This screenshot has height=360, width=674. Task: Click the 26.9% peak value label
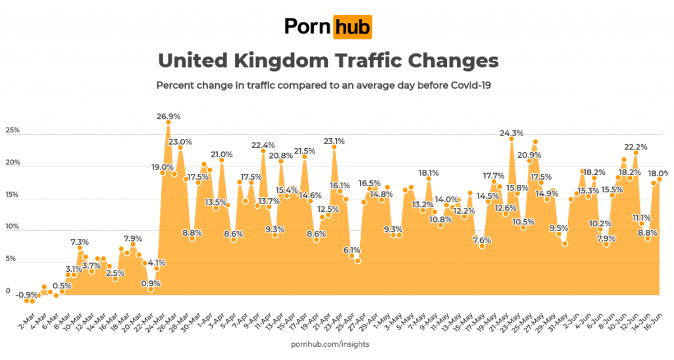[x=168, y=116]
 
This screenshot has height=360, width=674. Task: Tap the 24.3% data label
[x=511, y=133]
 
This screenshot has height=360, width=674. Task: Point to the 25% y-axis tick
[x=12, y=130]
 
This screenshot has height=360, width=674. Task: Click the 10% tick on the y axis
[x=12, y=227]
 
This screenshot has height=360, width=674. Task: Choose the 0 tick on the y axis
[x=8, y=291]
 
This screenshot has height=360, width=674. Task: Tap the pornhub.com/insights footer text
[x=330, y=344]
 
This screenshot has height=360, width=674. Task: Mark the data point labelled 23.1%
[x=334, y=147]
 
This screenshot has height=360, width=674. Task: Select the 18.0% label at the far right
[x=660, y=173]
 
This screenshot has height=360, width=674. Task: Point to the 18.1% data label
[x=428, y=172]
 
